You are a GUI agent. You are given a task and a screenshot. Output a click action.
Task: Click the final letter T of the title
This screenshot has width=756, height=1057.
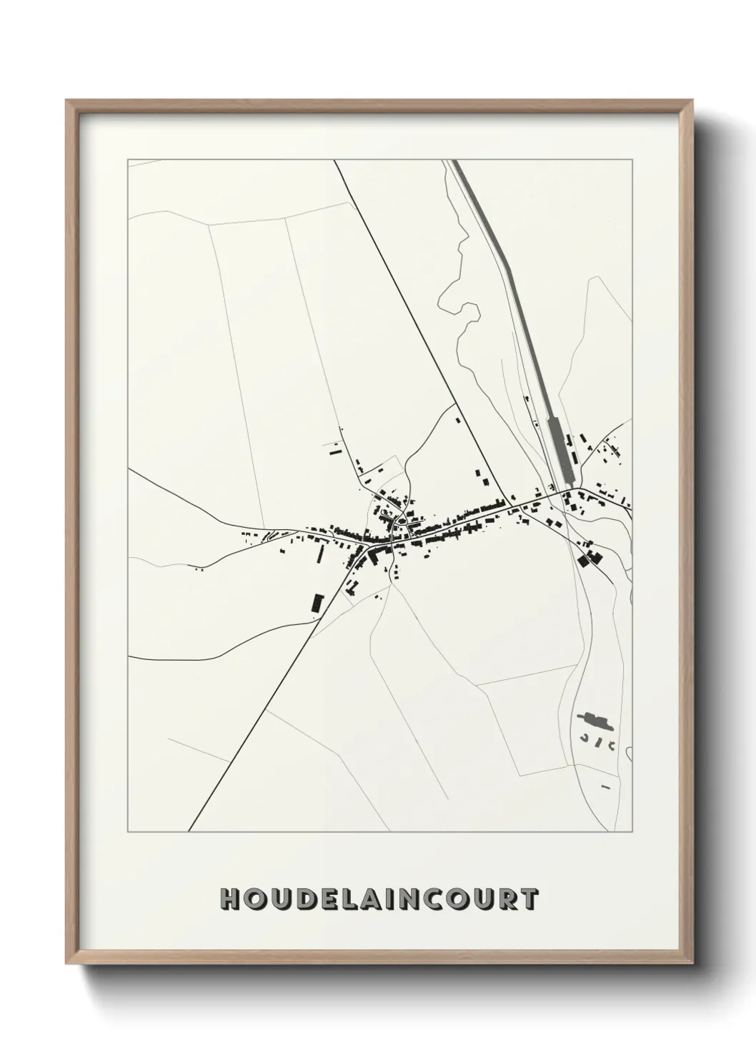point(529,899)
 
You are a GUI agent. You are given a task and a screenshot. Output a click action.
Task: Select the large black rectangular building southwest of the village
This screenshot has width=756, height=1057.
point(317,603)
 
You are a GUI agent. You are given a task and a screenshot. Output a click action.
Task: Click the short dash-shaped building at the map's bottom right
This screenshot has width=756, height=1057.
point(605,786)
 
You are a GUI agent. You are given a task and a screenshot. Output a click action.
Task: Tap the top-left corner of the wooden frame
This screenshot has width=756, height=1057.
point(66,101)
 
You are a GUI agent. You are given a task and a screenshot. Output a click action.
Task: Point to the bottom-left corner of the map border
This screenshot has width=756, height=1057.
point(127,832)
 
